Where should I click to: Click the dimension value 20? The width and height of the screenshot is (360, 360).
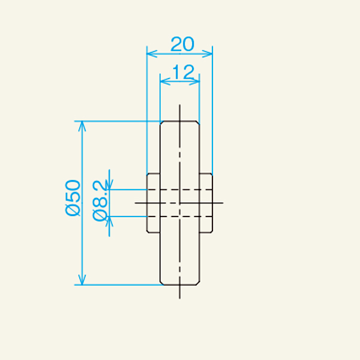point(182,44)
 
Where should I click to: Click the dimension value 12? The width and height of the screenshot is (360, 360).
point(183,72)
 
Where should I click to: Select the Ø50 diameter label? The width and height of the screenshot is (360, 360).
point(73,198)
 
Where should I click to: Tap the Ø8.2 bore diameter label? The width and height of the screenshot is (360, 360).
point(100,200)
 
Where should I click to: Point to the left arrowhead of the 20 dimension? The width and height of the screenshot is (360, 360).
point(152,54)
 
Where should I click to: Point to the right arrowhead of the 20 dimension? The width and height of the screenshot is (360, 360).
point(208,54)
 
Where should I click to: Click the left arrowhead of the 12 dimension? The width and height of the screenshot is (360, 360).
point(165,81)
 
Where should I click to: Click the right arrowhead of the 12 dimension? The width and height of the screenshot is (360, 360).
point(194,81)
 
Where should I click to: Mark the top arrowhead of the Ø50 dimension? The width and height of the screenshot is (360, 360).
point(82,126)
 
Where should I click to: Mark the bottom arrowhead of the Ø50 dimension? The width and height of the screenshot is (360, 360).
point(82,280)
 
